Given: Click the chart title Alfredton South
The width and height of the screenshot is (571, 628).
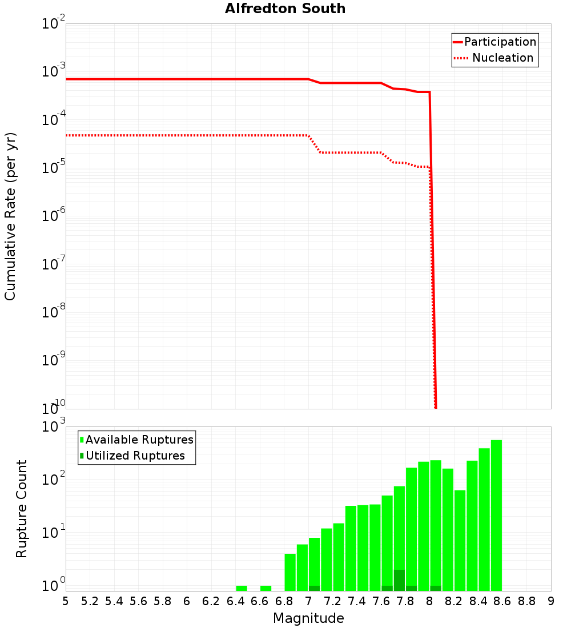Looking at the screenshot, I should point(285,9).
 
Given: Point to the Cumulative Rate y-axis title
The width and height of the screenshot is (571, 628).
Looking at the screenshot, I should point(10,216).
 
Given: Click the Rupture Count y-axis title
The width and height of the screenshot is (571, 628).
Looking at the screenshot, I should point(22,509).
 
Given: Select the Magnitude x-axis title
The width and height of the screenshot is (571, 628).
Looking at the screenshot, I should point(308,618).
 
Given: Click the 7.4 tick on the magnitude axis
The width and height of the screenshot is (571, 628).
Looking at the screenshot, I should point(357,601).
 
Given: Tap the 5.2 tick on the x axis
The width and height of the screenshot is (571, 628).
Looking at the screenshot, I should point(90,601).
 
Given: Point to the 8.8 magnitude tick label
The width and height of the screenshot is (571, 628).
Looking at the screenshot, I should point(526,601).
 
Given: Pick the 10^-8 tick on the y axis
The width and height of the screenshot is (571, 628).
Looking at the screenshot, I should point(53,312).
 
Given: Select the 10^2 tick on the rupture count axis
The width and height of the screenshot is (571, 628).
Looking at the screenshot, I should point(53,480).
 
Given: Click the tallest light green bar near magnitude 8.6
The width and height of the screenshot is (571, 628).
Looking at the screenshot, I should point(496,514).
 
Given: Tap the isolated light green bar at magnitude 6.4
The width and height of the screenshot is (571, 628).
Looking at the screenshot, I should point(242,588).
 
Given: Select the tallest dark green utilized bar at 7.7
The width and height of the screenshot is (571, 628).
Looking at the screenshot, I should point(399,580).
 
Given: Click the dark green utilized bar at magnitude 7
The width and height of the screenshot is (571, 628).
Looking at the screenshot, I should point(314,588).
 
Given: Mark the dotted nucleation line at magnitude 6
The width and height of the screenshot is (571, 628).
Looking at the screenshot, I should point(187,135).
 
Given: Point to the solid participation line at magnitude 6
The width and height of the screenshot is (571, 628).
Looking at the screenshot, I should point(187,79).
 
